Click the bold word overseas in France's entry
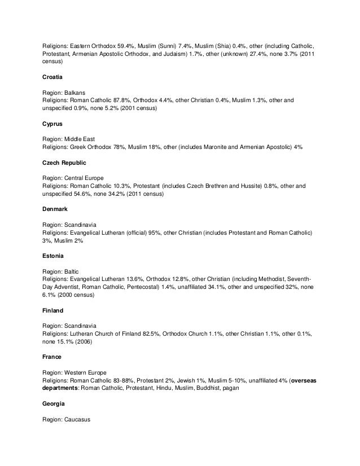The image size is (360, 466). pos(303,381)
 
